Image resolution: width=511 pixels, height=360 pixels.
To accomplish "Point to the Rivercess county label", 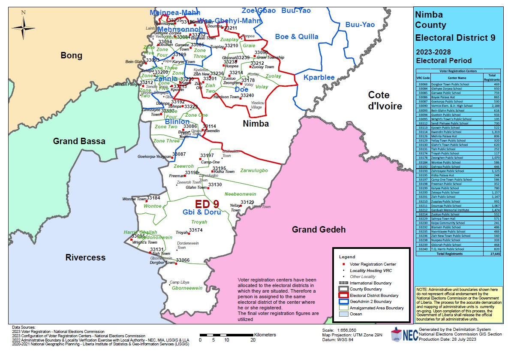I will coord(85,257).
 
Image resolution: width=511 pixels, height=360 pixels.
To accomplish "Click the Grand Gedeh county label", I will coord(319,230).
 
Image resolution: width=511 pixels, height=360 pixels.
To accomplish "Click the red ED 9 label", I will coord(207,204).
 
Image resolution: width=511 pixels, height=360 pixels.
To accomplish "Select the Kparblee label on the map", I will coord(319,78).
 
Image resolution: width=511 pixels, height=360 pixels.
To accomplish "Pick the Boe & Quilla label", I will coord(297,36).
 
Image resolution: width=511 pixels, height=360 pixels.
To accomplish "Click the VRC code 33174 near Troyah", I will coord(195,230).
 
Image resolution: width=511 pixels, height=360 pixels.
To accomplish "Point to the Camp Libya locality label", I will coord(180,282).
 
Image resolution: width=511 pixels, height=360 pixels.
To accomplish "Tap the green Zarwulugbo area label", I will coord(254,171).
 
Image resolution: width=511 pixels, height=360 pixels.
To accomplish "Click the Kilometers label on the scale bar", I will coord(265,334).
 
